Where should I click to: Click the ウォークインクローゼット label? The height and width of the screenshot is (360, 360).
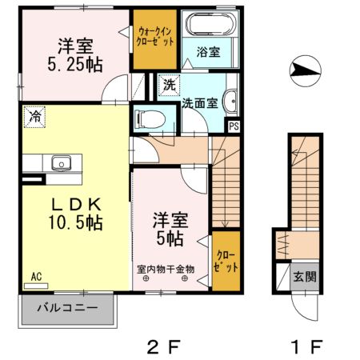pyautogui.click(x=154, y=37)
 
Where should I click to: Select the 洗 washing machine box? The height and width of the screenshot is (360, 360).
pyautogui.click(x=169, y=83)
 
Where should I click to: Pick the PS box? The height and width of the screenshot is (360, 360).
pyautogui.click(x=234, y=126)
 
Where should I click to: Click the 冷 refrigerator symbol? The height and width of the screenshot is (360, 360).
pyautogui.click(x=34, y=116)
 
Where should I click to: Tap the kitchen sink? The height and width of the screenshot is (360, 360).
pyautogui.click(x=60, y=163)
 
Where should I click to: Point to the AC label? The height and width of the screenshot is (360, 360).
pyautogui.click(x=36, y=278)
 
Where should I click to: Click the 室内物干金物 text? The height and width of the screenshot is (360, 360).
pyautogui.click(x=166, y=269)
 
